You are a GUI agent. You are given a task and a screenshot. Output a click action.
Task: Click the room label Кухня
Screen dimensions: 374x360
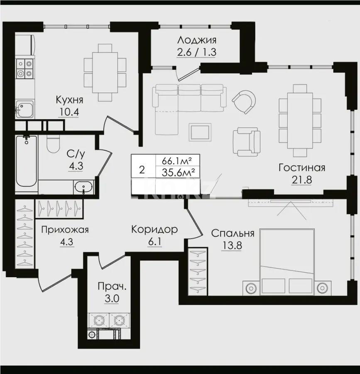tap(70, 100)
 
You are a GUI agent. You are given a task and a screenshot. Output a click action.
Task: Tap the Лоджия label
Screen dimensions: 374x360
tap(197, 40)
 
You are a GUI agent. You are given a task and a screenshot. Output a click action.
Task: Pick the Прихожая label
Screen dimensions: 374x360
tap(65, 230)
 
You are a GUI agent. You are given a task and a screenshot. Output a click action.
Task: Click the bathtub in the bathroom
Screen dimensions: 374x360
tap(26, 162)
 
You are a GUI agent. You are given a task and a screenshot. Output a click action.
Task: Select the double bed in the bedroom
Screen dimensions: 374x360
tap(287, 262)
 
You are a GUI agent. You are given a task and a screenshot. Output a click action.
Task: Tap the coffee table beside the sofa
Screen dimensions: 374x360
tap(200, 132)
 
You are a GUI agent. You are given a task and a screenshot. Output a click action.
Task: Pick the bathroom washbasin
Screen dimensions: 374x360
tap(85, 187)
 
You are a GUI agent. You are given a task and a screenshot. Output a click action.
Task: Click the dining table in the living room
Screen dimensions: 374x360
tap(300, 113)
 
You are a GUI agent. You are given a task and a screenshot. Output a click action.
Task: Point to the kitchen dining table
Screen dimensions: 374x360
tap(105, 71)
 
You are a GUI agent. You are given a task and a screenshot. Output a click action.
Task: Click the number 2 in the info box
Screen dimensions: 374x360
tap(142, 170)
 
